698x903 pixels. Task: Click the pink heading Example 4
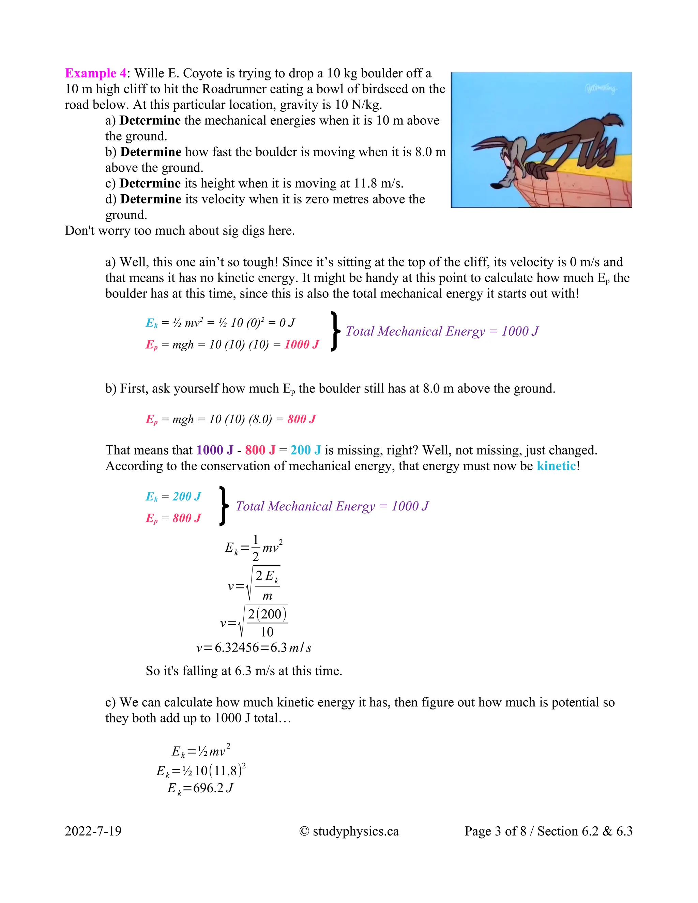95,73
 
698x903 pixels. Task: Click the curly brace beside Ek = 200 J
223,506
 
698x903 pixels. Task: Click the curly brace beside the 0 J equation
335,332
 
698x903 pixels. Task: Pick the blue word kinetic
556,466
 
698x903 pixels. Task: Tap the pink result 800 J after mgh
301,419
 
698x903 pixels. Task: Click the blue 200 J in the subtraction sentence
306,450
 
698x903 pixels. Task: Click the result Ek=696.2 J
200,788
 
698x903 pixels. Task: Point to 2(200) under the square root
267,614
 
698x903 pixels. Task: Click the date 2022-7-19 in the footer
93,831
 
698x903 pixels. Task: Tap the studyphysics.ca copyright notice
349,831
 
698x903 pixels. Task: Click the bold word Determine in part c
150,183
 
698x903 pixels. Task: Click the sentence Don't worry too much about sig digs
180,231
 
